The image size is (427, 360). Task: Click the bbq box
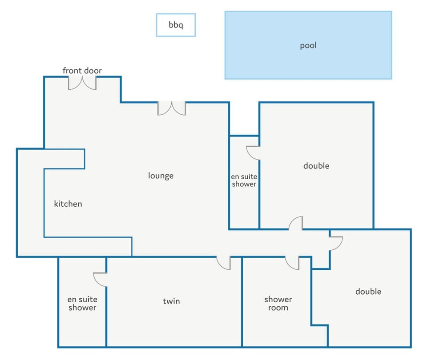pos(176,25)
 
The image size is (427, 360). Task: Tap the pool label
pos(308,45)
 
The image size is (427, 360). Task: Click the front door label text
pos(82,71)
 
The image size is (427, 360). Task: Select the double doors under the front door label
pos(82,83)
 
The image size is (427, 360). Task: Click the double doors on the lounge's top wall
pos(172,108)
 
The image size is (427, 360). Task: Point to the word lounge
pos(161,176)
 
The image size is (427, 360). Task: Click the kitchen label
pos(68,204)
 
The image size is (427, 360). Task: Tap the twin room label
pos(171,301)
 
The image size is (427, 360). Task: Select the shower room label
pos(278,304)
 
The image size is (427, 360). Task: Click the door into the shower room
pos(292,263)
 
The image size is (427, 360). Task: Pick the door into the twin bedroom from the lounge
pos(224,263)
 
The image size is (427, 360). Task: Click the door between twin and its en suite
pos(100,280)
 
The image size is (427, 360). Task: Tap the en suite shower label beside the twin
pos(82,304)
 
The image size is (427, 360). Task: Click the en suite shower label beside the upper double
pos(244,180)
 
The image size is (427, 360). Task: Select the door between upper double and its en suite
pos(253,153)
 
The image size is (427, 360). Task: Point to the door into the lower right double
pos(336,244)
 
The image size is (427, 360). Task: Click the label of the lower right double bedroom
pos(368,292)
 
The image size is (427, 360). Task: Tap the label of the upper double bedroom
pos(316,166)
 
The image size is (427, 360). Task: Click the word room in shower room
pos(278,308)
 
